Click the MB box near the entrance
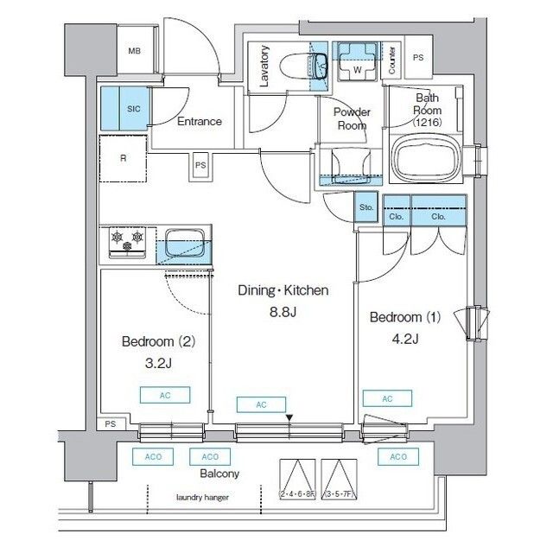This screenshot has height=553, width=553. pos(134,50)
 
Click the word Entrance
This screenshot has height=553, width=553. pos(199,122)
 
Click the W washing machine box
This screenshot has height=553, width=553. pos(356,66)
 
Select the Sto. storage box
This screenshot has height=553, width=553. pos(365,208)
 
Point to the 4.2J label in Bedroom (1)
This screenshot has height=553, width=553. pos(404,338)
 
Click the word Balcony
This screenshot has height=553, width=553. pos(219,474)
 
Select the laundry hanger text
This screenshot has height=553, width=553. pos(202,497)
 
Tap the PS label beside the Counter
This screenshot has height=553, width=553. pos(419,58)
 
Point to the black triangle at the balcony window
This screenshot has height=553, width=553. pos(289,419)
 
